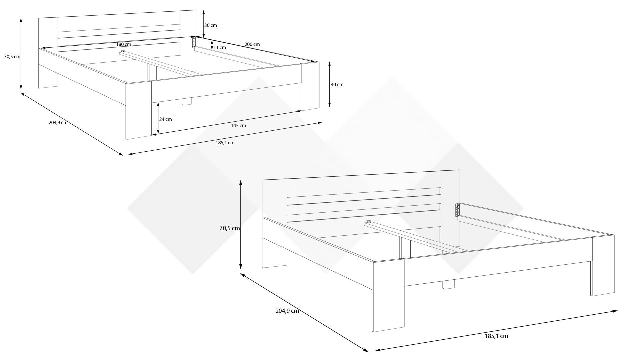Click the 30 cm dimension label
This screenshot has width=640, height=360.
(x=211, y=25)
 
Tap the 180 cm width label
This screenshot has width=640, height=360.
(x=124, y=44)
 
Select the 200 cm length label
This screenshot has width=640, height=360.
(x=252, y=44)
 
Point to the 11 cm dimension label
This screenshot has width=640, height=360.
(x=220, y=47)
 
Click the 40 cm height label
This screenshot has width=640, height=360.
(x=337, y=84)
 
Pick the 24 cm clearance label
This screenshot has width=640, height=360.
(x=166, y=119)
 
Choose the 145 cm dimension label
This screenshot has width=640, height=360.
(x=238, y=126)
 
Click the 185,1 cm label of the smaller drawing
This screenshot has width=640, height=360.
(x=225, y=143)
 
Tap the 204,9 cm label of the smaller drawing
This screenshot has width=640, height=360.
(x=58, y=122)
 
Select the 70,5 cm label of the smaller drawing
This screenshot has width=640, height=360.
(x=12, y=57)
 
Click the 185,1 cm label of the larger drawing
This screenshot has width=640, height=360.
(x=496, y=336)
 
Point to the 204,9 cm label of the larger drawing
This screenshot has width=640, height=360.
(x=287, y=311)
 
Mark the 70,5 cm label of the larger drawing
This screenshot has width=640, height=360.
(x=230, y=228)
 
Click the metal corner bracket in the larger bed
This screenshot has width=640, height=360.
(x=458, y=210)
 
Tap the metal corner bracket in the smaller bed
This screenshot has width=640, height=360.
(x=193, y=42)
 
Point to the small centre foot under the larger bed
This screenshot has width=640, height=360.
(x=449, y=284)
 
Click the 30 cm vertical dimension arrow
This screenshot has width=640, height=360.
(x=204, y=24)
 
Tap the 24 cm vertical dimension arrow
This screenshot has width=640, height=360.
(x=158, y=118)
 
